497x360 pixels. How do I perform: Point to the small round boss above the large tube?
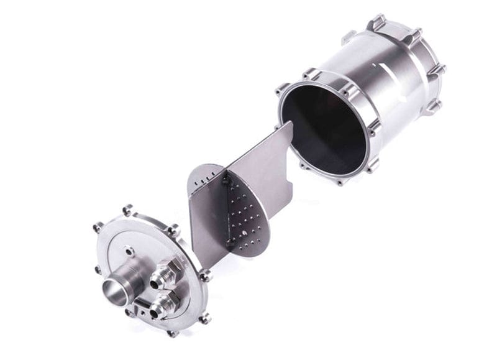click(x=129, y=251)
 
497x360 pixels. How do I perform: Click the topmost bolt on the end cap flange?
click(x=127, y=209)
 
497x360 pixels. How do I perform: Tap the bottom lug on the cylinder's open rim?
click(x=339, y=182)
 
